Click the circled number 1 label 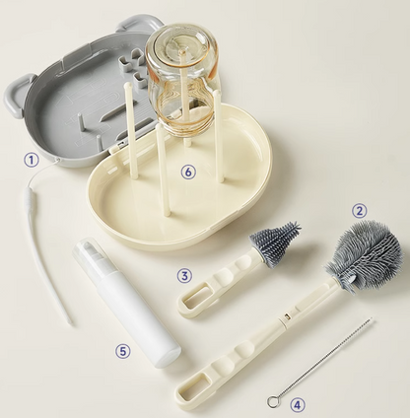[31, 161]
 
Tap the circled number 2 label [360, 211]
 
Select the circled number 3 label [184, 275]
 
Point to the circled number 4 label [297, 405]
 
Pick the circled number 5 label [122, 351]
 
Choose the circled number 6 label [188, 172]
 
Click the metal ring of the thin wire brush [272, 401]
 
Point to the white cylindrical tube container [126, 302]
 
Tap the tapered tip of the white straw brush [70, 322]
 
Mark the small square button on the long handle [287, 316]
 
